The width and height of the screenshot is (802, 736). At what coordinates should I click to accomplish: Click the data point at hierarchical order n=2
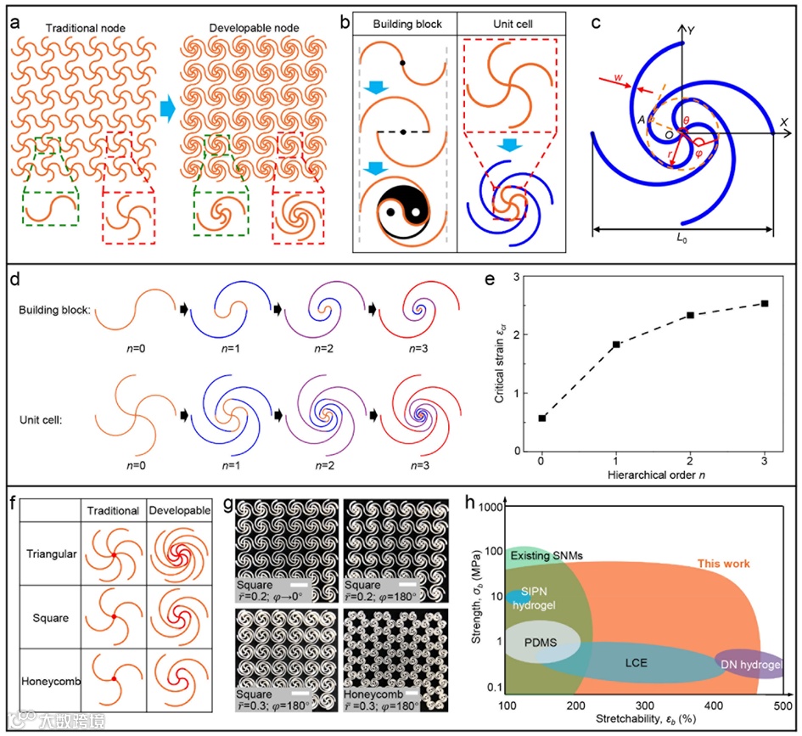click(691, 315)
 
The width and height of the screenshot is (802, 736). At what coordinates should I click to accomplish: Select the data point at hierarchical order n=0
click(541, 418)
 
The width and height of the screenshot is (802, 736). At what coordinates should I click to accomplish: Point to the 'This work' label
click(723, 564)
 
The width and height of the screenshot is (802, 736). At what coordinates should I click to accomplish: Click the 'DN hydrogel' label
click(749, 665)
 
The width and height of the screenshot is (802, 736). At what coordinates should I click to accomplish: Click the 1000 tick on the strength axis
click(488, 508)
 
